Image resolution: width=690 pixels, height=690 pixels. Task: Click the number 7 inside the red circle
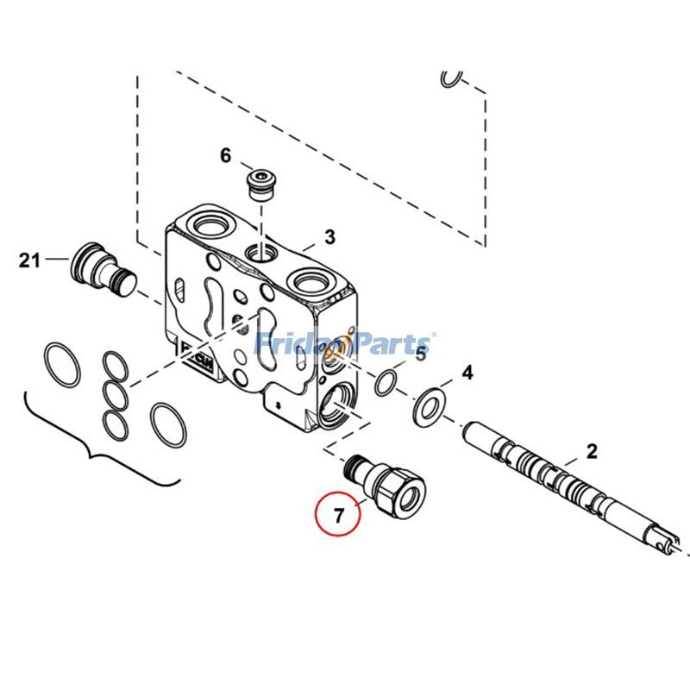(x=339, y=516)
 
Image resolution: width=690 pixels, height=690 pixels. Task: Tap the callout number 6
(x=226, y=155)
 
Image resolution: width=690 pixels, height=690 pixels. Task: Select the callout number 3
(x=329, y=236)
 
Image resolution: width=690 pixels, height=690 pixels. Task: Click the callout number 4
(x=467, y=373)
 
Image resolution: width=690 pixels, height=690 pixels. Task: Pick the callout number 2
(x=592, y=450)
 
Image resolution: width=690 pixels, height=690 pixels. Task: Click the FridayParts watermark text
(x=345, y=345)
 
